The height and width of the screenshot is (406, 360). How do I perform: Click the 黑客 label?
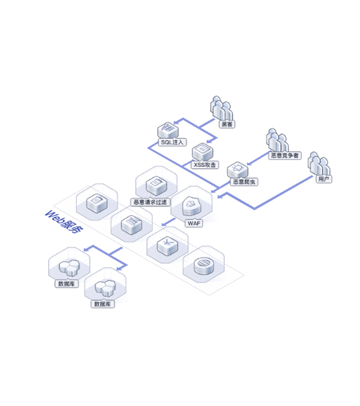tap(226, 124)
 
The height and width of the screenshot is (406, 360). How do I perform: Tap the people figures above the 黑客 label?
tap(221, 108)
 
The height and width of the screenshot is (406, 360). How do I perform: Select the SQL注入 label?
tap(172, 142)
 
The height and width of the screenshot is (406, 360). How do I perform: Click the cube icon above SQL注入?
tap(168, 130)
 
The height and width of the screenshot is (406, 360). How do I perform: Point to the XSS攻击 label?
tap(205, 164)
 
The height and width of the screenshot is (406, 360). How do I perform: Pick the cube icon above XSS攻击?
tap(202, 152)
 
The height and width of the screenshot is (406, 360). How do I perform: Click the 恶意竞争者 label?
tap(285, 155)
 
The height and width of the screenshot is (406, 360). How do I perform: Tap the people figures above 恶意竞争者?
tap(278, 140)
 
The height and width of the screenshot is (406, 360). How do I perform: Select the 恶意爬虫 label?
tap(243, 182)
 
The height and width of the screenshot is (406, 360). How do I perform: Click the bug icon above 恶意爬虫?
tap(238, 170)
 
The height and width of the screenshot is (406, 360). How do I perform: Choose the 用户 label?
tap(323, 179)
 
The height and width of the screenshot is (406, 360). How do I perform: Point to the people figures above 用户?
tap(319, 164)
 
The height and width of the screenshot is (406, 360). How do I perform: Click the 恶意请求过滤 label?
tap(150, 202)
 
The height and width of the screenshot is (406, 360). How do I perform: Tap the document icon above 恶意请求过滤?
tap(156, 185)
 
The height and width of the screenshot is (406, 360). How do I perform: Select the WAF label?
tap(194, 223)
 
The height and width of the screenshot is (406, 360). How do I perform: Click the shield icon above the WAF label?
tap(192, 206)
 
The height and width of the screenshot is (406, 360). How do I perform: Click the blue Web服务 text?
tap(63, 221)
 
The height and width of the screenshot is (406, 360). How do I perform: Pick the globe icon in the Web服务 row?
tap(204, 265)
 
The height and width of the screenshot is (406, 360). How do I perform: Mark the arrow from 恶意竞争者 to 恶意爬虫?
tap(258, 158)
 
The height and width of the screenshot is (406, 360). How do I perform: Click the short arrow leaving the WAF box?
tap(168, 222)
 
